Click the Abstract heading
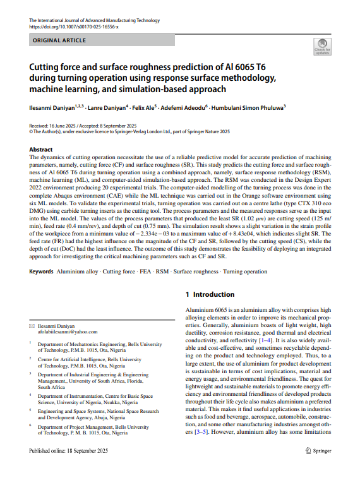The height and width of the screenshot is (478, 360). [42, 150]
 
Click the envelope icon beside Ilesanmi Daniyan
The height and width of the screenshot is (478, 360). [32, 325]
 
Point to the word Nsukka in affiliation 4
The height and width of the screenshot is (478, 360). [110, 401]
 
